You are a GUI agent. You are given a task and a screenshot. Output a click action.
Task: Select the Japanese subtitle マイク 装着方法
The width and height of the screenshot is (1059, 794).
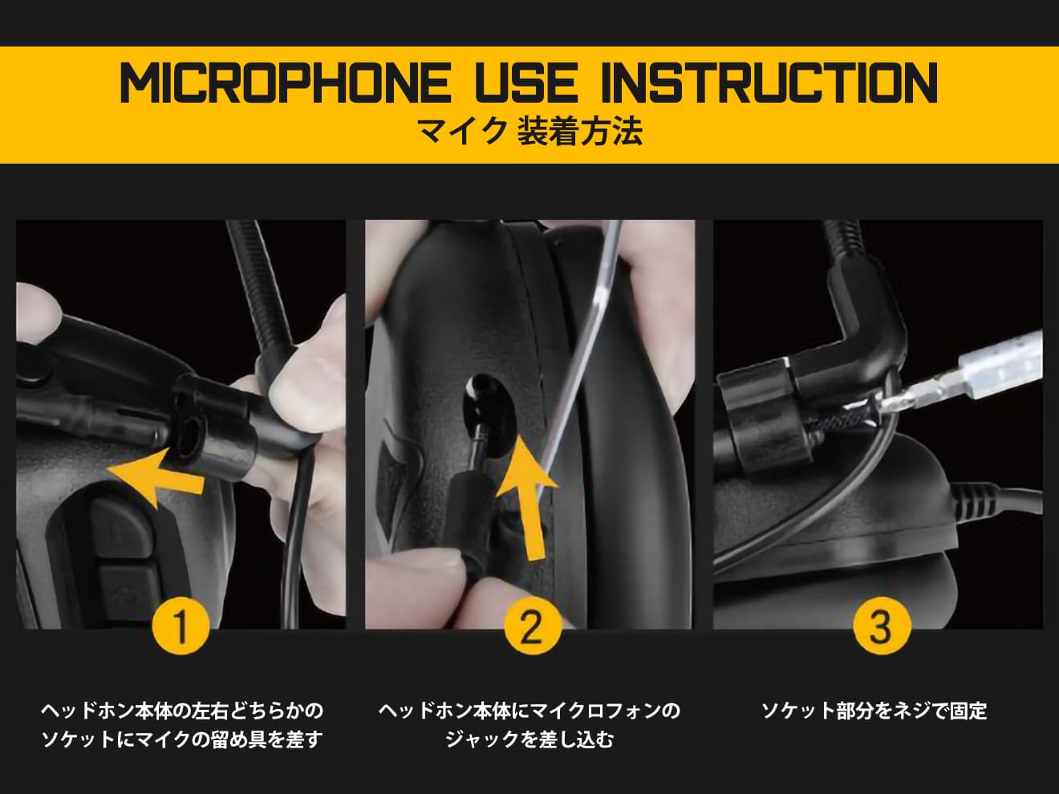click(x=529, y=132)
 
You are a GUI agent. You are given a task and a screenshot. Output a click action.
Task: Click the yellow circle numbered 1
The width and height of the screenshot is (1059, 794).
click(x=181, y=626)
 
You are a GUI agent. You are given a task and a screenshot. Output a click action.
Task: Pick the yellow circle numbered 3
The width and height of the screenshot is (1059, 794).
click(x=880, y=626)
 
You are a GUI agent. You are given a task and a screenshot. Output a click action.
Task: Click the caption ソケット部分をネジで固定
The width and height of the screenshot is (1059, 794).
click(x=874, y=711)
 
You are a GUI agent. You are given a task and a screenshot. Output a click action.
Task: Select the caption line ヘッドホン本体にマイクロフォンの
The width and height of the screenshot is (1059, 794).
click(x=529, y=711)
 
